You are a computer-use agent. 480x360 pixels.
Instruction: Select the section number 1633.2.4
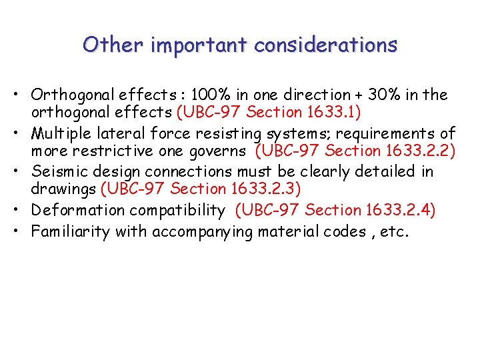coord(401,211)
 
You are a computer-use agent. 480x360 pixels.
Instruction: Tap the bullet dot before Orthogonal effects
coord(22,95)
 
